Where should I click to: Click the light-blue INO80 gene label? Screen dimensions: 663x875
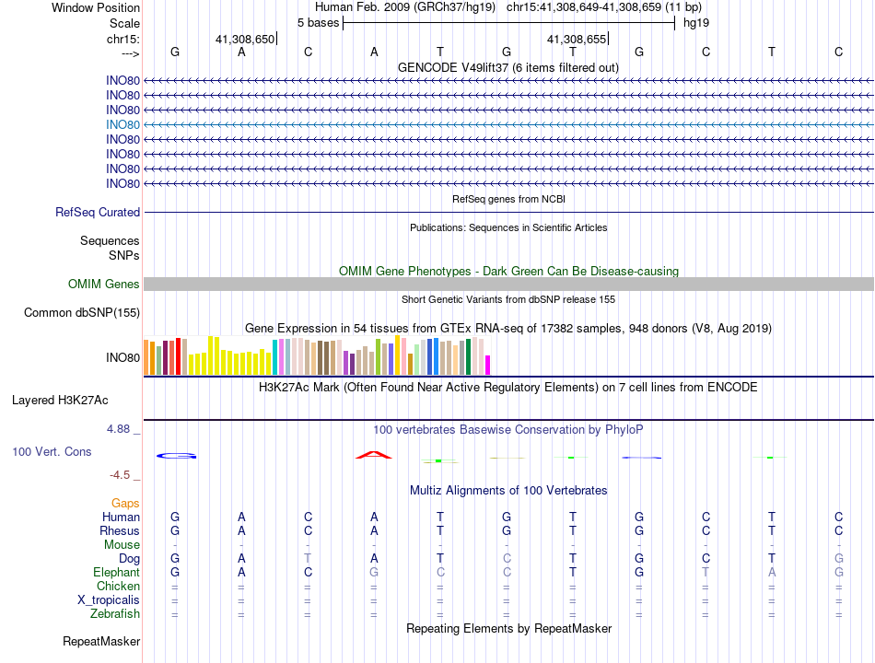coord(122,124)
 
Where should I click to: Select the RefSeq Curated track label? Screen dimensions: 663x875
coord(98,213)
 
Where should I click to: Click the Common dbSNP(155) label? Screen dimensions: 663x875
coord(82,313)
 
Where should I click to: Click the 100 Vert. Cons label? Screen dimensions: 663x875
coord(52,452)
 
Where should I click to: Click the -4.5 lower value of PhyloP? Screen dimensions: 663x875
coord(122,475)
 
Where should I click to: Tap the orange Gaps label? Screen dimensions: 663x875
coord(125,504)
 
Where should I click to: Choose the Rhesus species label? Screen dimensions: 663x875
coord(120,531)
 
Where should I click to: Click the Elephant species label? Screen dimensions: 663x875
coord(116,573)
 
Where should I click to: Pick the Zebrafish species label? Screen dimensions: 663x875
coord(115,614)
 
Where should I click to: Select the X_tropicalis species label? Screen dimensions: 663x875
coord(109,600)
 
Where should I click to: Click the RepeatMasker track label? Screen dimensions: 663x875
coord(101,641)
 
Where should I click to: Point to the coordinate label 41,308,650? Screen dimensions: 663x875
coord(245,40)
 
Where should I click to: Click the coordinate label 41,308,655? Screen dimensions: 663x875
coord(577,40)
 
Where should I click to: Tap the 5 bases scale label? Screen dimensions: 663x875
coord(318,22)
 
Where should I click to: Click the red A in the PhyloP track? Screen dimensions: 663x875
coord(374,454)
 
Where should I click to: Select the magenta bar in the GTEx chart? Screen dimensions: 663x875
coord(487,365)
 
